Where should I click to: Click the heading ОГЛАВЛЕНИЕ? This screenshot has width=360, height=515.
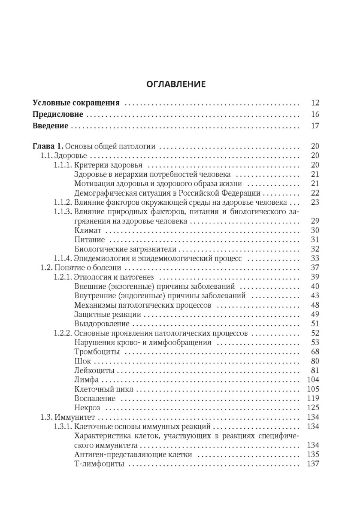tap(176, 83)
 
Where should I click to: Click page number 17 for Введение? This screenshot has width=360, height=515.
tap(315, 126)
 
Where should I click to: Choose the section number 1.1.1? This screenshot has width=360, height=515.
tap(63, 165)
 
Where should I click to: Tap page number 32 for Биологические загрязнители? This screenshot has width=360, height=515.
tap(315, 249)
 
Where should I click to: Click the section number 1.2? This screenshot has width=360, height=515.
tap(45, 267)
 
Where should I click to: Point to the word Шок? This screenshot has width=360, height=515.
tap(81, 361)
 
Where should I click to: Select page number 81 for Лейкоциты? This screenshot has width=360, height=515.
tap(315, 370)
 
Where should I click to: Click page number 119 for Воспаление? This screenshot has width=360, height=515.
tap(314, 399)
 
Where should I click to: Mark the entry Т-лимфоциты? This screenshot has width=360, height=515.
tap(94, 464)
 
